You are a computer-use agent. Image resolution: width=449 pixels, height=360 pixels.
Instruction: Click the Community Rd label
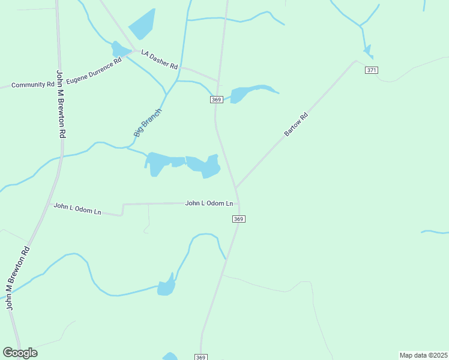click(x=32, y=85)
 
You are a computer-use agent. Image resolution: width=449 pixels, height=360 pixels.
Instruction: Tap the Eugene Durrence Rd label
click(x=94, y=71)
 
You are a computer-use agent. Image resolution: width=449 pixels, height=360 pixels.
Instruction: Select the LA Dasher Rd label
click(x=160, y=59)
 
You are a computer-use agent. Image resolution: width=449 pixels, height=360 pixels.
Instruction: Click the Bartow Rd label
click(x=296, y=124)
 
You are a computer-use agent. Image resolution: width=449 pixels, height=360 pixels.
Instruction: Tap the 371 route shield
click(x=372, y=70)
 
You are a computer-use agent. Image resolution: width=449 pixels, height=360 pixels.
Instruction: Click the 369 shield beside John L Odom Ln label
click(x=239, y=219)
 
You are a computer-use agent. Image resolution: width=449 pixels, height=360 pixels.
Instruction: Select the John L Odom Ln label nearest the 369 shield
click(x=209, y=203)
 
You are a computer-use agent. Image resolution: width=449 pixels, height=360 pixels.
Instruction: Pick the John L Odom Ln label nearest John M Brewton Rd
click(x=77, y=209)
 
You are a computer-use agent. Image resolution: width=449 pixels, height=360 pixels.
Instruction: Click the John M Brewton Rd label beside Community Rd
click(x=61, y=104)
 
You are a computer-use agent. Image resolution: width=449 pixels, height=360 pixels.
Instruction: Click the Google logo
click(x=20, y=353)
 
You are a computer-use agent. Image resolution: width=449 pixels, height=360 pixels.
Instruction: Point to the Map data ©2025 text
click(x=423, y=355)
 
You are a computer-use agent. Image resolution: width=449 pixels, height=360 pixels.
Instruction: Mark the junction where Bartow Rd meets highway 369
click(x=237, y=187)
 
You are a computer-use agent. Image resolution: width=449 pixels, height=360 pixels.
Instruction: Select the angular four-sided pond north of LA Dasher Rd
click(x=142, y=24)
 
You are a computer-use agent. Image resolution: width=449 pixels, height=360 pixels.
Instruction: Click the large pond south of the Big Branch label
click(x=180, y=164)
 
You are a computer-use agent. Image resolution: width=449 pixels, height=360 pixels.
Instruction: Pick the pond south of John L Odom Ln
click(x=166, y=287)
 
